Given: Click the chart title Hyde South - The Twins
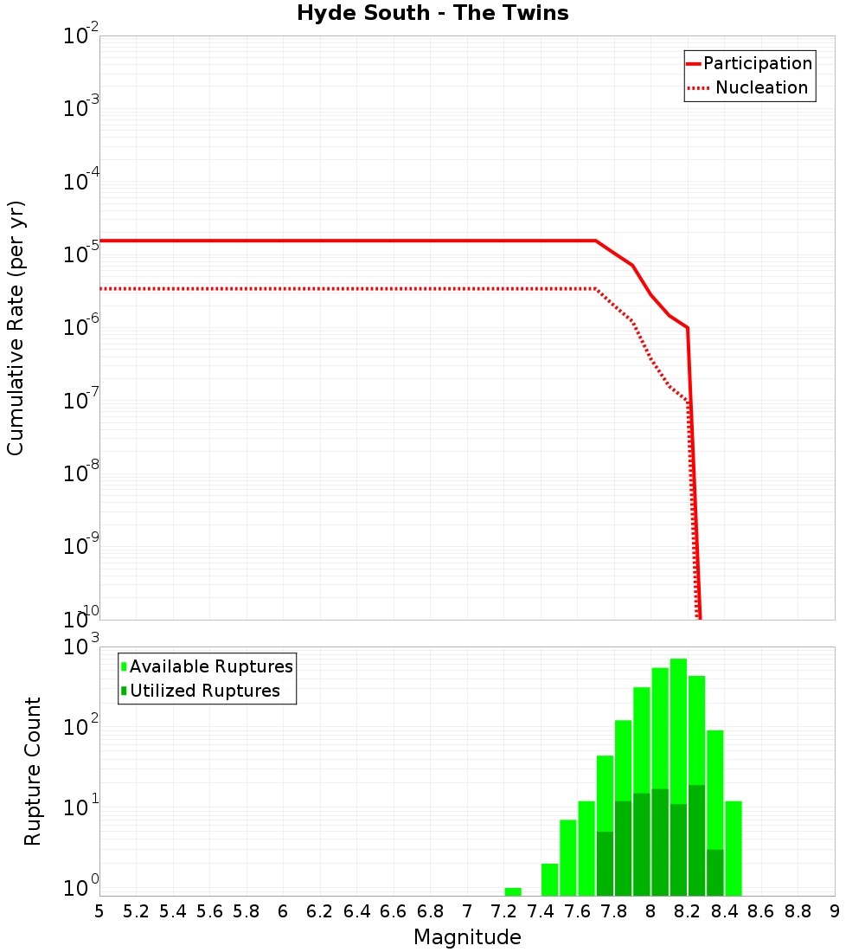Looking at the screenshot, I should tap(432, 14).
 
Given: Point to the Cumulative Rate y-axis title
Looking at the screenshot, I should tap(16, 327).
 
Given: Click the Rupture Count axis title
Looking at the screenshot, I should tap(33, 770).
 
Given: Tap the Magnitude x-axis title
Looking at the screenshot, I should tap(467, 937).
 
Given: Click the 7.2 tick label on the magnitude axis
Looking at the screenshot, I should tap(503, 911).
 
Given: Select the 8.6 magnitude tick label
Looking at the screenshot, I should tap(761, 911).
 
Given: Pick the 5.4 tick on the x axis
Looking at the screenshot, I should tap(173, 911).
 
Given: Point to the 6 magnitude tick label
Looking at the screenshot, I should tap(283, 911).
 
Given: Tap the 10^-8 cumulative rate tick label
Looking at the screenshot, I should tap(81, 474).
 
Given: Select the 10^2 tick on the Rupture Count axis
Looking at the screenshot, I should tap(83, 727).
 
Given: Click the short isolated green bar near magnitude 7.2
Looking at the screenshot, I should tap(513, 891).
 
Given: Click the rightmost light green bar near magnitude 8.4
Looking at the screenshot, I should tap(734, 848).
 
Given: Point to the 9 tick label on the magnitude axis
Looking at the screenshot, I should tap(834, 911).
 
